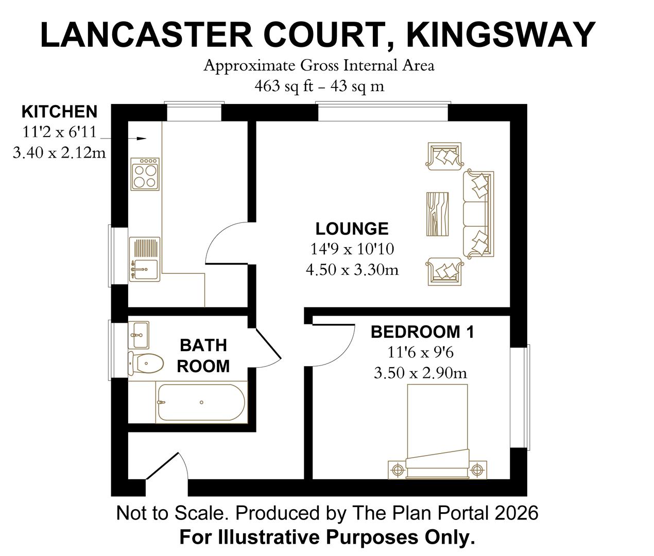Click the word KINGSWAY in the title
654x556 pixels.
click(501, 35)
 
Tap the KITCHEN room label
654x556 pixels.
click(59, 112)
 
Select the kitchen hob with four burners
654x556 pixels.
click(145, 174)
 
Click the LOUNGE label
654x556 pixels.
click(352, 229)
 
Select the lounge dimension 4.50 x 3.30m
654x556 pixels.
click(352, 270)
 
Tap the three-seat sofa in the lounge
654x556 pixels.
click(478, 214)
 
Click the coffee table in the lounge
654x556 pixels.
click(438, 214)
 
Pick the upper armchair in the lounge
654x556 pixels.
click(445, 156)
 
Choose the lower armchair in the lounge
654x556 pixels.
click(445, 271)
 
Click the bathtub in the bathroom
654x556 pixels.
click(201, 403)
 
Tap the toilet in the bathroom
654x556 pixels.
click(146, 362)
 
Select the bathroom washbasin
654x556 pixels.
click(138, 335)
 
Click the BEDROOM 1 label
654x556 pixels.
click(422, 332)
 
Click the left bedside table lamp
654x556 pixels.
click(397, 470)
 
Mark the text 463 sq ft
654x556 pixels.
click(284, 86)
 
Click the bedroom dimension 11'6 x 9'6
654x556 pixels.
click(420, 353)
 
